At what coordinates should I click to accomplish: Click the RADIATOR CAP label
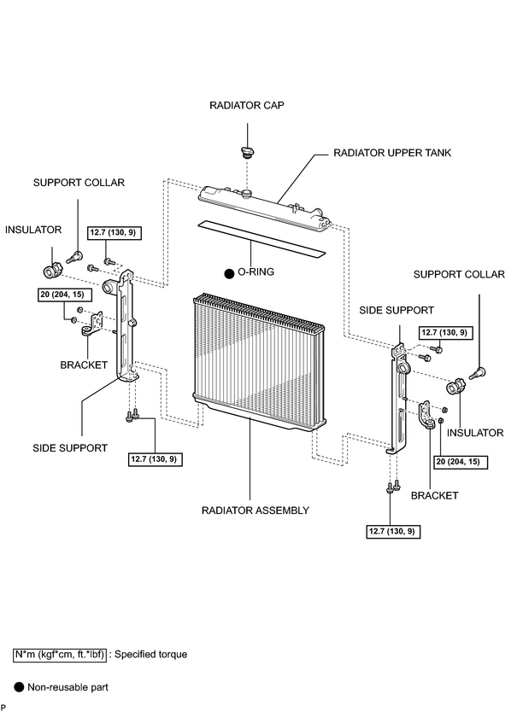pyautogui.click(x=247, y=105)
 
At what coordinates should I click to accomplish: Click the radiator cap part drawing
pyautogui.click(x=247, y=153)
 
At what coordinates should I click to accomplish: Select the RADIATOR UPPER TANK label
pyautogui.click(x=392, y=153)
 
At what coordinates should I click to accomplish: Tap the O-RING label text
pyautogui.click(x=256, y=272)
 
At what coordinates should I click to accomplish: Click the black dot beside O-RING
pyautogui.click(x=230, y=274)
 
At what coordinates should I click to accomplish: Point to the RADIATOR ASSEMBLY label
pyautogui.click(x=256, y=511)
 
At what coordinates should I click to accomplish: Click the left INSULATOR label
pyautogui.click(x=33, y=230)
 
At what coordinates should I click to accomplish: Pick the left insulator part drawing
pyautogui.click(x=51, y=271)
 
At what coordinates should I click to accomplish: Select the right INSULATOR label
pyautogui.click(x=475, y=433)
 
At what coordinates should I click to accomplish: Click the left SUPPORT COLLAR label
pyautogui.click(x=79, y=183)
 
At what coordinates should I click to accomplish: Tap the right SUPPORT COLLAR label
pyautogui.click(x=459, y=274)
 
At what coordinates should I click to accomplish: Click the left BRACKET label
pyautogui.click(x=84, y=365)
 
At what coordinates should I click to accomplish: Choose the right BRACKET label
pyautogui.click(x=435, y=495)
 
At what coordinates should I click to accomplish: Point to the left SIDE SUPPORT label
pyautogui.click(x=70, y=448)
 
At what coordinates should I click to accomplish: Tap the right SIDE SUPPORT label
pyautogui.click(x=397, y=310)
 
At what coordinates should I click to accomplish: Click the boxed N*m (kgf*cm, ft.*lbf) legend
pyautogui.click(x=60, y=655)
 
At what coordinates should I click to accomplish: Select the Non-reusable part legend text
pyautogui.click(x=68, y=687)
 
